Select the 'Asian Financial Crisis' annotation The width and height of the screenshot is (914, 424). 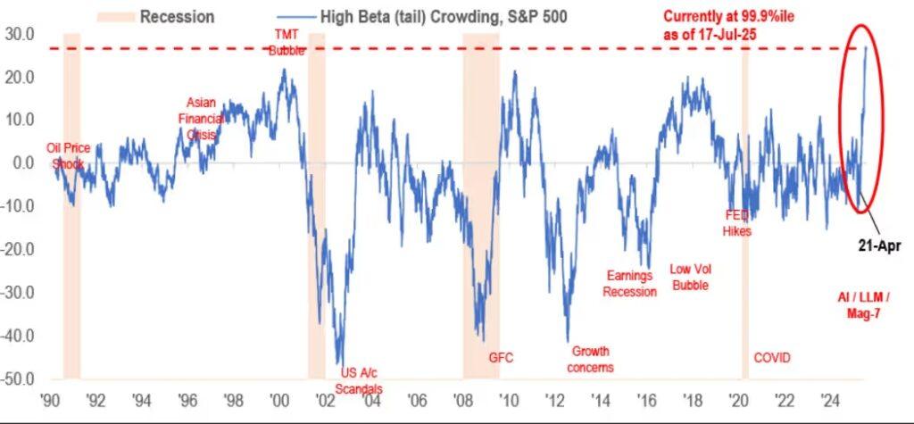[202, 118]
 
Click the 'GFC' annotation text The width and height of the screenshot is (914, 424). [502, 358]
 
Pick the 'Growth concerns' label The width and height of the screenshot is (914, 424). [591, 359]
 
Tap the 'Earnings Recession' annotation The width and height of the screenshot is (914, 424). [629, 284]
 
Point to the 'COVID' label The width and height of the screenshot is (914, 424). [772, 358]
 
